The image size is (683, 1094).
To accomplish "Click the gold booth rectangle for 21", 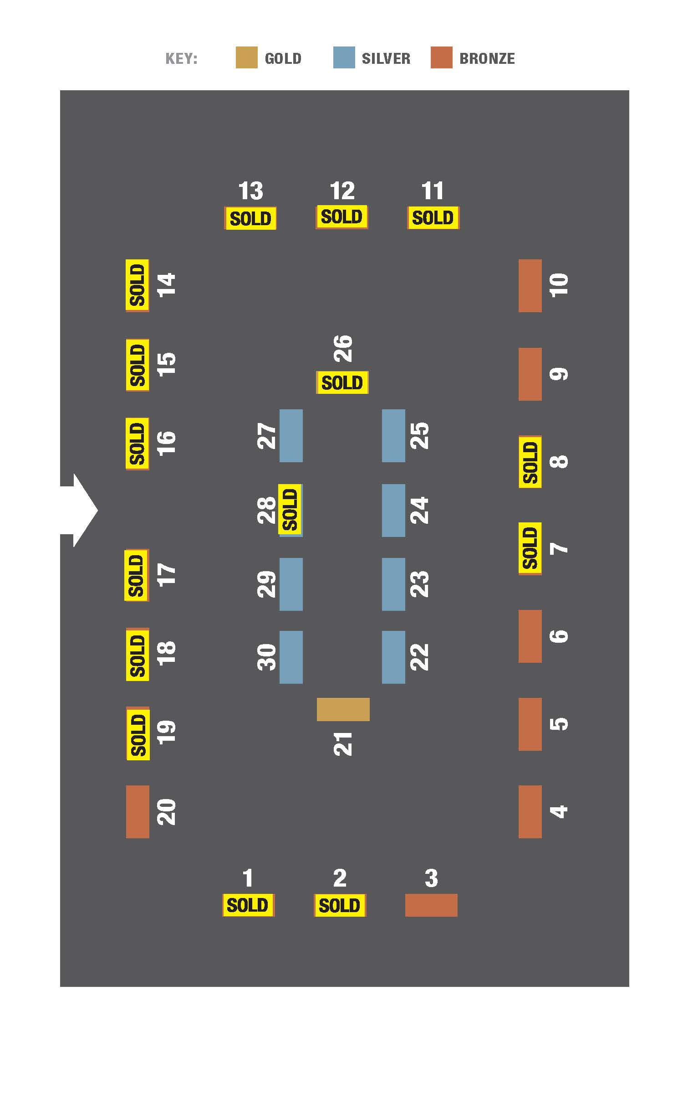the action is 343,709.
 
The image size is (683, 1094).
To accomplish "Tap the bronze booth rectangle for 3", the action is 431,905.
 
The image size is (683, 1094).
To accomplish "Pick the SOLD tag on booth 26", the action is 342,382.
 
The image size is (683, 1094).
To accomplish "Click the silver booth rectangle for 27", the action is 291,436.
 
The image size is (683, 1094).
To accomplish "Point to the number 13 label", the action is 250,191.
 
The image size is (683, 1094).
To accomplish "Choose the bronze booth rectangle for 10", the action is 530,286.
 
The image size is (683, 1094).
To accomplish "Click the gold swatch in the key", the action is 246,57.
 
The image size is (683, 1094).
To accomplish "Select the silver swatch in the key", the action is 344,57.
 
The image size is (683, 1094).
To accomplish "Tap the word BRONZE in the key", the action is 487,58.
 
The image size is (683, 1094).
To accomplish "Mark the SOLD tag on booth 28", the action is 290,510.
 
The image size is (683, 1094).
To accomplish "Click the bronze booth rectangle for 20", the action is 138,811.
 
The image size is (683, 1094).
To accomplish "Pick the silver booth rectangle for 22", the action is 393,657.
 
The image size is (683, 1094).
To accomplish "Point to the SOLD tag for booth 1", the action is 248,905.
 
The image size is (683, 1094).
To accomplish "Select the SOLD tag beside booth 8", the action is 530,462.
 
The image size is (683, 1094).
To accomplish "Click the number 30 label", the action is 267,657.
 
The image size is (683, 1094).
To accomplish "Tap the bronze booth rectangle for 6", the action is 530,636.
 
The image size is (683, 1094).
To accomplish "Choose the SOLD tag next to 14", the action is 138,285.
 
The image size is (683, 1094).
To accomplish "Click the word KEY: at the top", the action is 181,58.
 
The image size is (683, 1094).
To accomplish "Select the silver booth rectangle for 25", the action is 393,436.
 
